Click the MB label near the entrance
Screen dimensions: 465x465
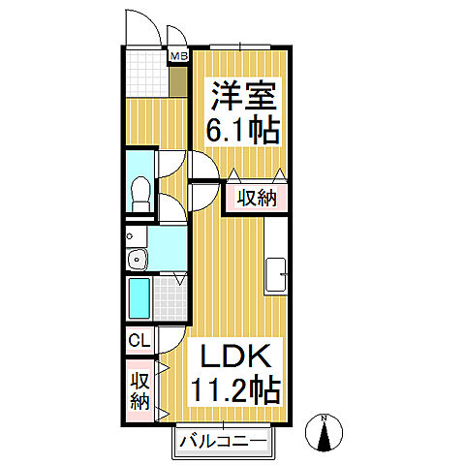point(178,56)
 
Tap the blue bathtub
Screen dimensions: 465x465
point(138,300)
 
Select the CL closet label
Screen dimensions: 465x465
point(138,341)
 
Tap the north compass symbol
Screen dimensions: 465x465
point(325,433)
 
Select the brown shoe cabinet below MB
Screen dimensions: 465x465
point(178,80)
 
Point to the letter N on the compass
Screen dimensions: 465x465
point(325,419)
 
